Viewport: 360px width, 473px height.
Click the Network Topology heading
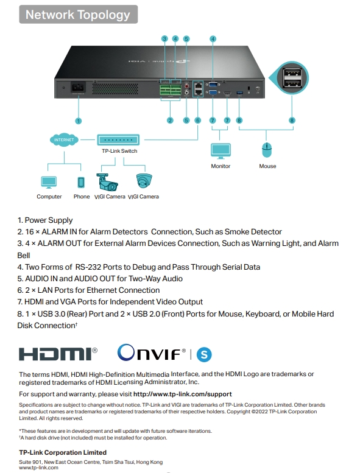point(78,15)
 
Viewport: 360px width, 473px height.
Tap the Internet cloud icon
point(64,139)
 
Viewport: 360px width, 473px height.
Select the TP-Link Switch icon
point(118,140)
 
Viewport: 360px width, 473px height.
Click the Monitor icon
point(221,151)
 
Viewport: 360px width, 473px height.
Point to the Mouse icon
point(267,150)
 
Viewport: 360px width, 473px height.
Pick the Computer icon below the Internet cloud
point(49,183)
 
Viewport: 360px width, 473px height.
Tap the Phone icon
point(81,183)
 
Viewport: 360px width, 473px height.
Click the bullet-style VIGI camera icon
point(107,182)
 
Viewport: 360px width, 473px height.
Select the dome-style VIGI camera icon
point(144,181)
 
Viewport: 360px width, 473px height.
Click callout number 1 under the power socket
point(78,121)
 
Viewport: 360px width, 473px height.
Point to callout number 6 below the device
point(197,121)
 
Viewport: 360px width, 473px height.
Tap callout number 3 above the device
point(164,38)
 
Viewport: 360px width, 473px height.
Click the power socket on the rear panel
point(78,88)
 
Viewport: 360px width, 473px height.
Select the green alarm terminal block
point(171,90)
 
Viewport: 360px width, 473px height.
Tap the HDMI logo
point(58,354)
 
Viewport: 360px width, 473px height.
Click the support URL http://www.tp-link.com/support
point(183,394)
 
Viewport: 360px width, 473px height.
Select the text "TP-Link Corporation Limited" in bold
point(63,452)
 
